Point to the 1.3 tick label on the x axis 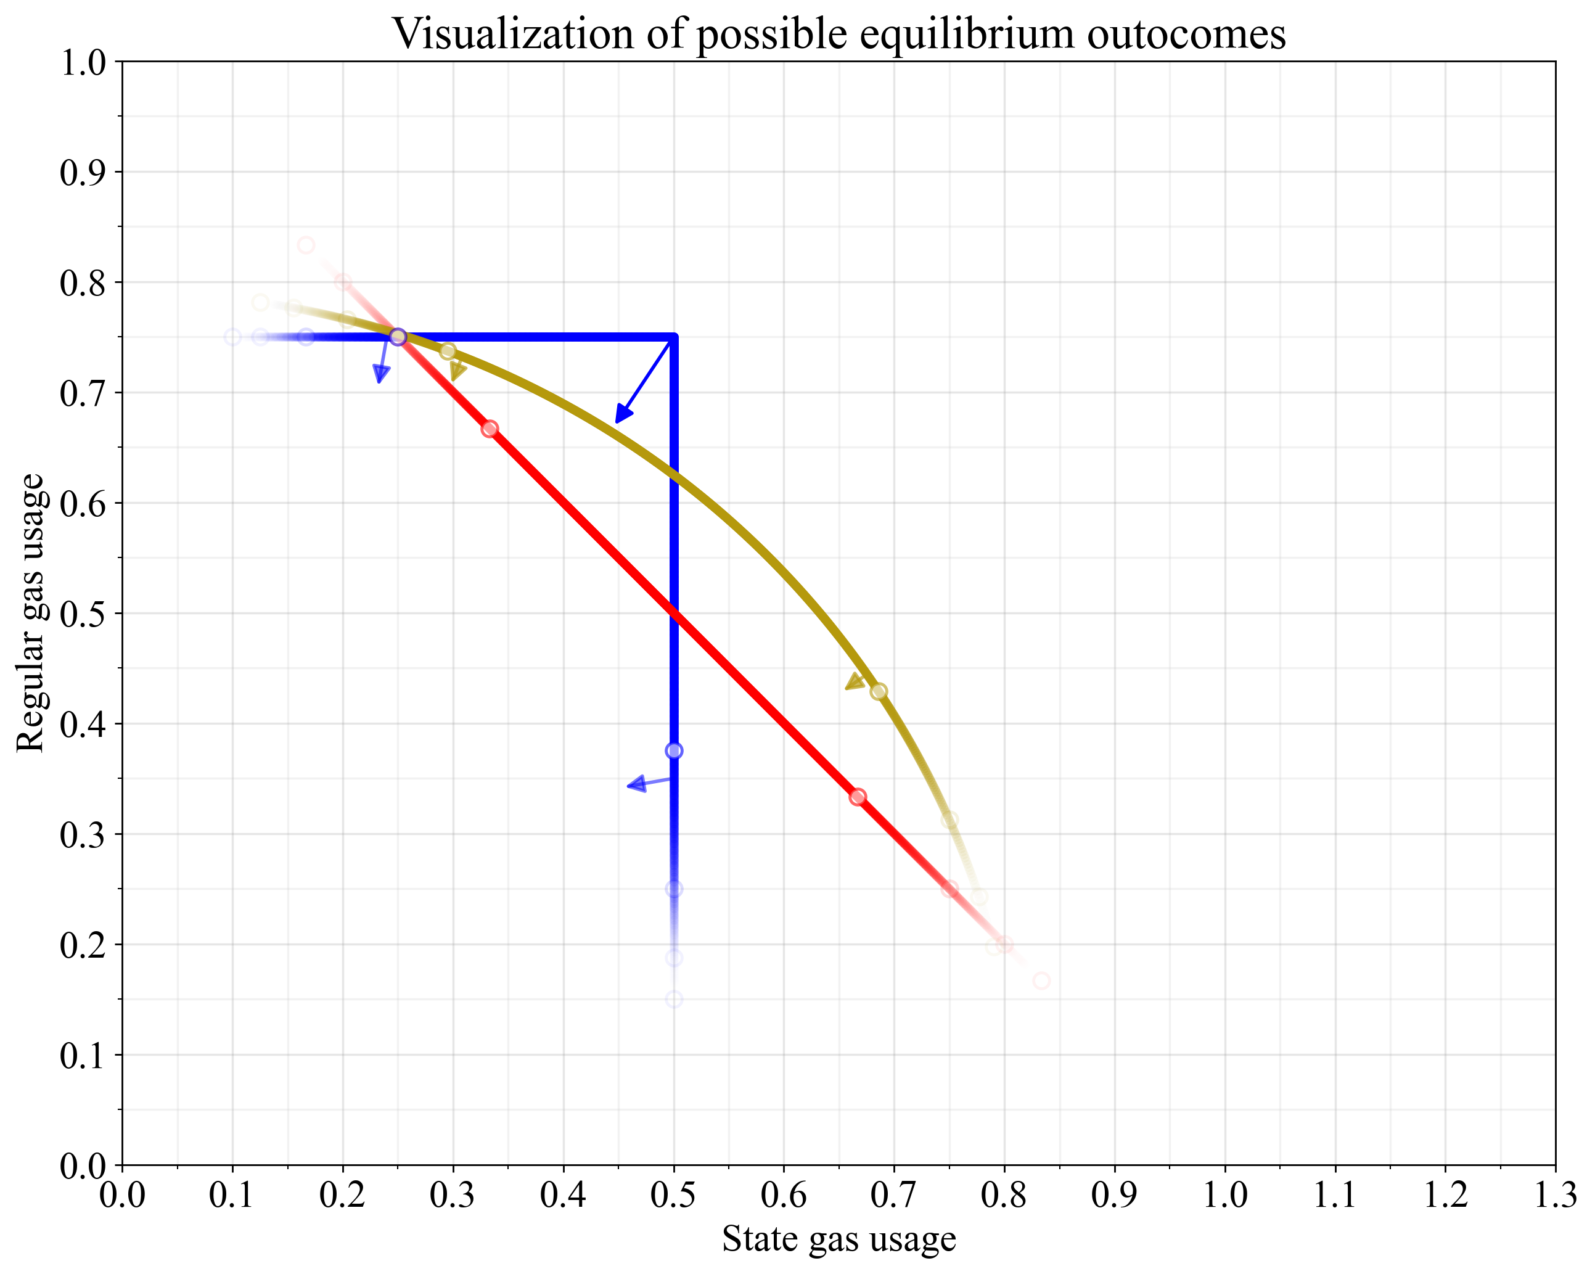pos(1554,1195)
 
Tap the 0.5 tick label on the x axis pos(673,1195)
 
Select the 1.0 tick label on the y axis pos(83,63)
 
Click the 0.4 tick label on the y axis pos(83,723)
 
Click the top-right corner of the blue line pos(673,337)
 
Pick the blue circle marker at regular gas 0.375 pos(673,751)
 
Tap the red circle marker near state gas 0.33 pos(489,429)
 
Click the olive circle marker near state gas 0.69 pos(878,692)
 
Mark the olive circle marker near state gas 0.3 pos(448,351)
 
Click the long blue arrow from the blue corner pos(644,380)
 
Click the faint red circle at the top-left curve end pos(306,245)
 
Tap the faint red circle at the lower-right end pos(1041,981)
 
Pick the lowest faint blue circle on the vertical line pos(673,1000)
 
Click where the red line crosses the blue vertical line pos(673,612)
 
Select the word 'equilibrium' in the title pos(885,33)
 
